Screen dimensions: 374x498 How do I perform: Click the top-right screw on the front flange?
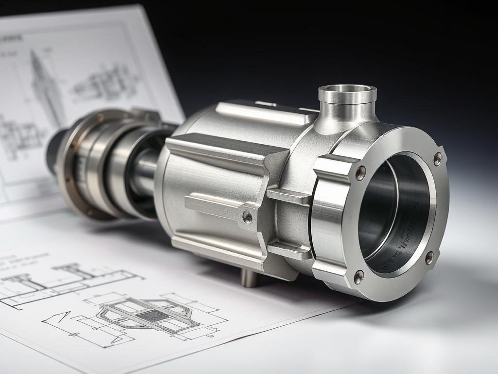(x=437, y=159)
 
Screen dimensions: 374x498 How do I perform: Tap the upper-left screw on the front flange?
(x=360, y=173)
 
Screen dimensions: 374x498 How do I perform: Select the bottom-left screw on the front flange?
(x=358, y=277)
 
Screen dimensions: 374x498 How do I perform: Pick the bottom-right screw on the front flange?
(x=429, y=258)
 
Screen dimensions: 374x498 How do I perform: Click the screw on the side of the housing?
(x=248, y=217)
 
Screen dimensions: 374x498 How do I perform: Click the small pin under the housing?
(x=249, y=277)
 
